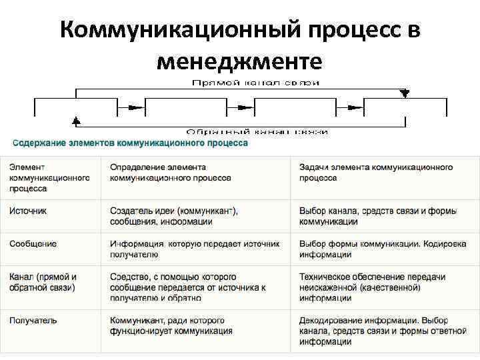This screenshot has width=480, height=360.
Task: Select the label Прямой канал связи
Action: point(255,83)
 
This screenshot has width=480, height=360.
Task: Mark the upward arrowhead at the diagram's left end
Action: point(76,121)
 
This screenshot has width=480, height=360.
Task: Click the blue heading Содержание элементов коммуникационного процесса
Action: point(130,143)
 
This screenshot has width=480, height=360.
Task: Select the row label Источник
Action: point(28,211)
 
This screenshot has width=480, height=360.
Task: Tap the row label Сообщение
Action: point(33,244)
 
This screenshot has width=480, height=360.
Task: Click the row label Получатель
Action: point(33,321)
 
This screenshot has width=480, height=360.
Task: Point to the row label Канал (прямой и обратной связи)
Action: point(43,282)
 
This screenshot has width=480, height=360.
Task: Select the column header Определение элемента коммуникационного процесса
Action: point(171,173)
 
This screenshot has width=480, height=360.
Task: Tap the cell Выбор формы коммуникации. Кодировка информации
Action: point(377,249)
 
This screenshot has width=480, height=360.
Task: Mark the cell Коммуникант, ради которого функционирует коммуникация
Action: point(171,325)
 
